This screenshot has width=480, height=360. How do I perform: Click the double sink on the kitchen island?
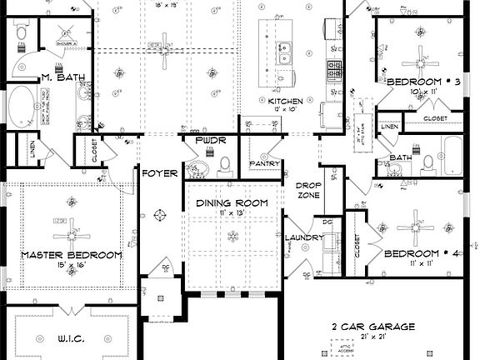coord(286,53)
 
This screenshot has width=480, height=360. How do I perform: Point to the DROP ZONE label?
coord(308,189)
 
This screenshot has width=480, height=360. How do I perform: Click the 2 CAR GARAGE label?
coord(372,327)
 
